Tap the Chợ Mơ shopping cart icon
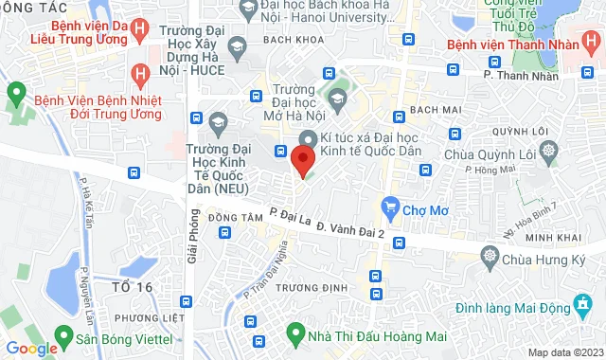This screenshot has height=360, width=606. [388, 207]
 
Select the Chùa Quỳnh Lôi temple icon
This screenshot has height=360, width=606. [549, 152]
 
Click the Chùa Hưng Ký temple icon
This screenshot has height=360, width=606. [490, 256]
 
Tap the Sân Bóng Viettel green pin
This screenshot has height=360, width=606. [64, 336]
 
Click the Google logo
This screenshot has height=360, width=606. [32, 348]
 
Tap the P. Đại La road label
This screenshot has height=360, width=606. [289, 216]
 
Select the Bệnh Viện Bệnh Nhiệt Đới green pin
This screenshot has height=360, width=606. [16, 93]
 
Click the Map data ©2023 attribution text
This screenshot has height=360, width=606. [564, 352]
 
